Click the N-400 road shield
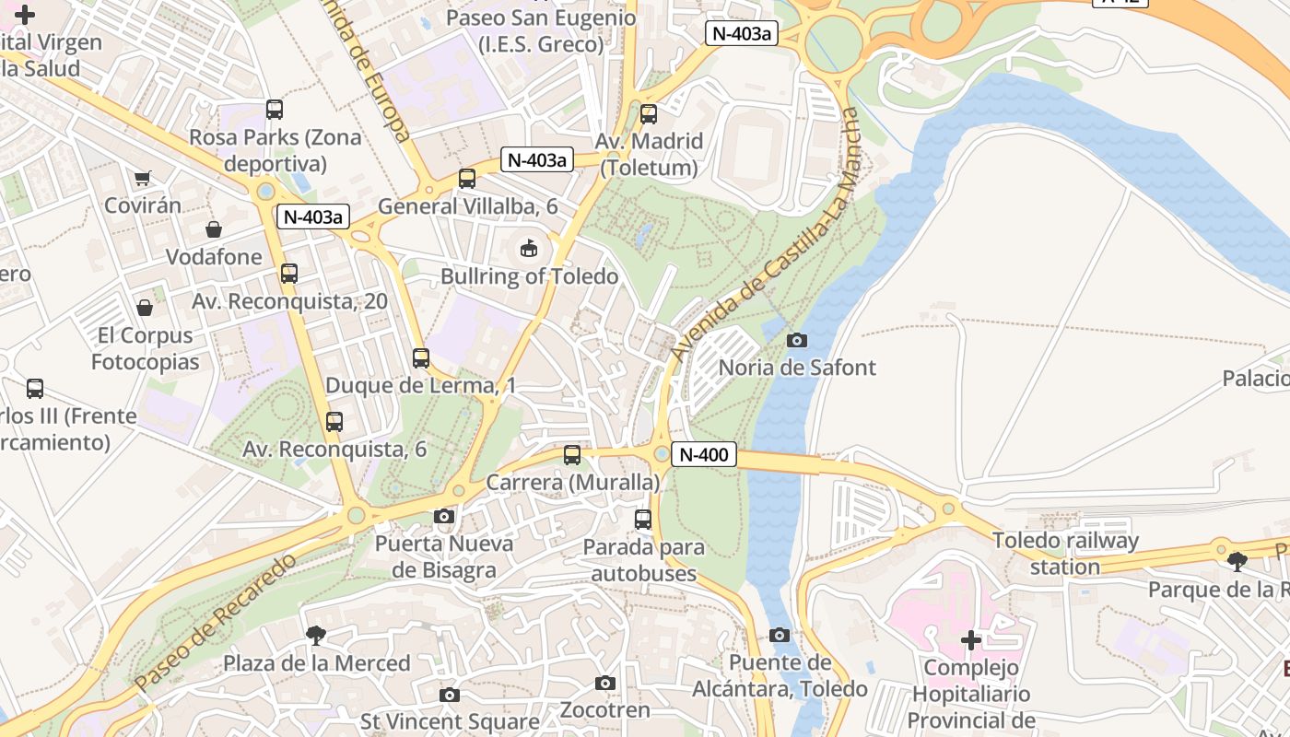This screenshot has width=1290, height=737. click(704, 454)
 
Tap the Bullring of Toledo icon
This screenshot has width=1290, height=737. click(529, 248)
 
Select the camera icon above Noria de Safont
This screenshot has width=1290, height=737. click(797, 340)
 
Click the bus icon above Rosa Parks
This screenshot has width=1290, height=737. click(275, 110)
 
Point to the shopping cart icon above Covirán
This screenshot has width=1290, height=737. click(142, 178)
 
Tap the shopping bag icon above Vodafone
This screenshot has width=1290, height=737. click(214, 229)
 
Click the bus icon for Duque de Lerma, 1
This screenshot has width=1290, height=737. click(421, 358)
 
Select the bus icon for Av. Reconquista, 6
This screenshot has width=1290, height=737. click(334, 422)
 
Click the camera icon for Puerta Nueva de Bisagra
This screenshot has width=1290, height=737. click(444, 516)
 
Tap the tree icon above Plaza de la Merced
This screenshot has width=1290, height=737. click(316, 635)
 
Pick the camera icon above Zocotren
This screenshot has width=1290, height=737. click(605, 683)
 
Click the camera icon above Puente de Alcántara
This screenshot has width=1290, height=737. click(780, 635)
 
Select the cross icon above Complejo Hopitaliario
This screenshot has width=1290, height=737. click(971, 639)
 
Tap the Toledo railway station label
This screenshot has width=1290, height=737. click(1065, 553)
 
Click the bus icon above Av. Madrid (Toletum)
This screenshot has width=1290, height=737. click(649, 114)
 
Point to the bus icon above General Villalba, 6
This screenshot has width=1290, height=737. click(467, 179)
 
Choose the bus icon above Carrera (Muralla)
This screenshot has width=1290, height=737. click(572, 454)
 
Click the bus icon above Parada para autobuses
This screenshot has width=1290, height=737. click(643, 520)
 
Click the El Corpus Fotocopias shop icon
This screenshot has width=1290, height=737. click(145, 308)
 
